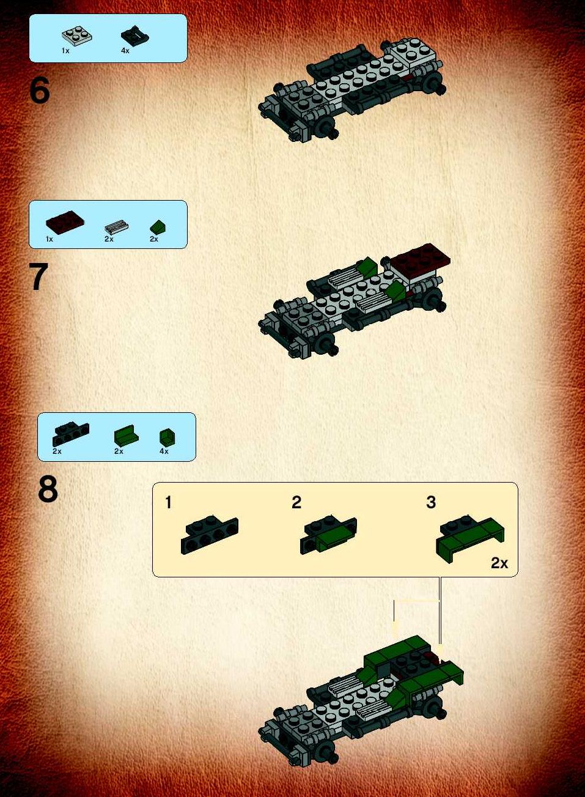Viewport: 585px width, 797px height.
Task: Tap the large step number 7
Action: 39,276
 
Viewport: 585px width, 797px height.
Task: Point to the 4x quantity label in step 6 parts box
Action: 125,51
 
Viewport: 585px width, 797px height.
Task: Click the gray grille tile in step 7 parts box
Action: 116,227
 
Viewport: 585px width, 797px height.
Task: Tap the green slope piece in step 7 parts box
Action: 158,227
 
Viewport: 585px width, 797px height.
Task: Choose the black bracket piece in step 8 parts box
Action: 71,434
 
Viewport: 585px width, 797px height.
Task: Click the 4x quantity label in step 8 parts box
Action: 164,451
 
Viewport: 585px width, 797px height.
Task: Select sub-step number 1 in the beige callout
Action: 169,502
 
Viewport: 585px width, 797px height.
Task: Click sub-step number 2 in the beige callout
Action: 296,502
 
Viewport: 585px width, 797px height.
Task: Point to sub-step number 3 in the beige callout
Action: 431,502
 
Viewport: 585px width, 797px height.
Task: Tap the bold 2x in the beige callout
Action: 499,563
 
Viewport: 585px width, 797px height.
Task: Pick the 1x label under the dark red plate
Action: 50,239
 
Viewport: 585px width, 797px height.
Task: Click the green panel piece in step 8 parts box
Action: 127,435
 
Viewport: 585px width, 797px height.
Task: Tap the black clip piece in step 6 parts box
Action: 134,36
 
